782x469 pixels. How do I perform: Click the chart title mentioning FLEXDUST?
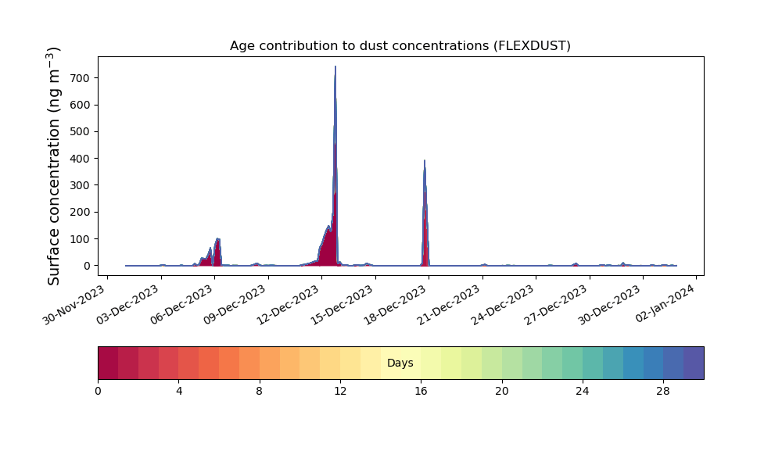(x=400, y=46)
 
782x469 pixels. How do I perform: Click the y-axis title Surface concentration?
(x=54, y=166)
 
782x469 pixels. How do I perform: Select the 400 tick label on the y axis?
(x=81, y=159)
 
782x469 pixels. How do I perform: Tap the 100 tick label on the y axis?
(x=81, y=239)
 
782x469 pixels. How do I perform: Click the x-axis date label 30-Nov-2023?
(x=74, y=305)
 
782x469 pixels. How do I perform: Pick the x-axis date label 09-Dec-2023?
(x=235, y=305)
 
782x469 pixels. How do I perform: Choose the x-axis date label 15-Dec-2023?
(x=342, y=305)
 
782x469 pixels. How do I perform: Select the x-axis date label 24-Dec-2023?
(x=502, y=305)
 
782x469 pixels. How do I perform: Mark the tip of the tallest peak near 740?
(x=335, y=66)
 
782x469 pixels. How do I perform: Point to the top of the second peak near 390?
(x=425, y=160)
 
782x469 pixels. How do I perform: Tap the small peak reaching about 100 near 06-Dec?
(x=217, y=239)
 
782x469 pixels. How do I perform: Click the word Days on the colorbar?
(x=400, y=363)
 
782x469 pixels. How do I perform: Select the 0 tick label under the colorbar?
(x=98, y=392)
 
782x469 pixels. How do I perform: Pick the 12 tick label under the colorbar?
(x=340, y=392)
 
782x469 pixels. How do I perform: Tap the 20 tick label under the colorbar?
(x=502, y=392)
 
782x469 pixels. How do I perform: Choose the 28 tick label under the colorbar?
(x=663, y=392)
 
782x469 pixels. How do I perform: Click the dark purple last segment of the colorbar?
(x=694, y=363)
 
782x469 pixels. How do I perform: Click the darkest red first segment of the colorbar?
(x=108, y=363)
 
